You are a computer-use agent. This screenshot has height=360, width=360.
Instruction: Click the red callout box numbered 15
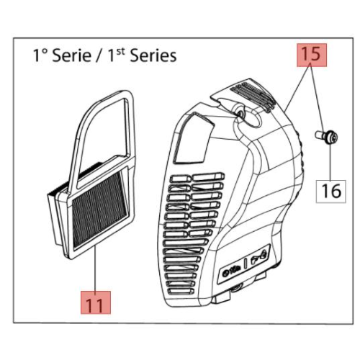coord(312,55)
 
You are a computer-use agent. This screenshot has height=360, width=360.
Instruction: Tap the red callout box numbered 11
coord(96,302)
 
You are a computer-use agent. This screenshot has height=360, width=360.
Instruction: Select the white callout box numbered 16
coord(330,192)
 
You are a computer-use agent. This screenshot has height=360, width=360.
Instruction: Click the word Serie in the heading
coord(72,55)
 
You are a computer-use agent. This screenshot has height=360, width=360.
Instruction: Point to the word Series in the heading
coord(153,55)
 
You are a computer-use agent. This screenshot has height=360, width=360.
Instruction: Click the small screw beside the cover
coord(326,136)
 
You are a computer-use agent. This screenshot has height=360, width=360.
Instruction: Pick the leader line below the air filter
coord(96,269)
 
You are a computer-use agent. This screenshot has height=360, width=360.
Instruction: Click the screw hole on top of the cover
coord(240,112)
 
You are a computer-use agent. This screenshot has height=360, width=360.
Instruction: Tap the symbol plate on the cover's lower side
coord(244,264)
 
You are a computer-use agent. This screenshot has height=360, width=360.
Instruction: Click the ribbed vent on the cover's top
coord(252,96)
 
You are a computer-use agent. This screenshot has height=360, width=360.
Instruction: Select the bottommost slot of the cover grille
coord(181,291)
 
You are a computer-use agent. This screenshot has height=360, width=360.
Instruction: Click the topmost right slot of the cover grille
coord(209,177)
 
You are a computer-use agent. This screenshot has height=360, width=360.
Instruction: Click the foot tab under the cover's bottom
coord(222,297)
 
